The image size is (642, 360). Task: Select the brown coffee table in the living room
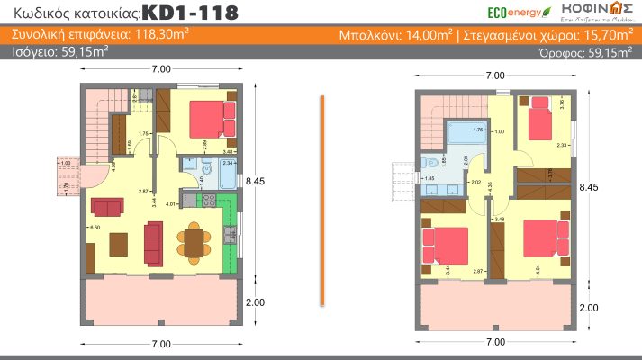[117, 244]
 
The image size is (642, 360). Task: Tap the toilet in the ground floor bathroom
[206, 168]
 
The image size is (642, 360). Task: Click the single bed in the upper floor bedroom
[542, 124]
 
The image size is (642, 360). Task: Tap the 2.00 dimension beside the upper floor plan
[588, 307]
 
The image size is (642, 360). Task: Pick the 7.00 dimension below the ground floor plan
[161, 345]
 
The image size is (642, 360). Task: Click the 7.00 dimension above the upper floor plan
[494, 76]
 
